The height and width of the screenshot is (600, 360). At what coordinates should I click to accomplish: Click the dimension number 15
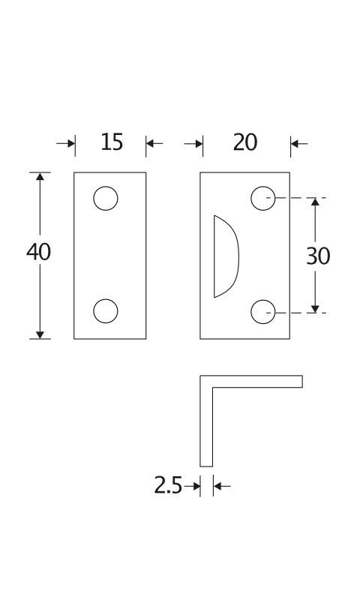point(112,142)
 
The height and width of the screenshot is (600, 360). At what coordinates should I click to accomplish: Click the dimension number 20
point(245,142)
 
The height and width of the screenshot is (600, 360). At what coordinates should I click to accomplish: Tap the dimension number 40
point(39,252)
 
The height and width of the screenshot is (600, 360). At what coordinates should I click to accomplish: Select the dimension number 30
point(318,256)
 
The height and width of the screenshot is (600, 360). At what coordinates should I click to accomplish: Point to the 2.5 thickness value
point(168,485)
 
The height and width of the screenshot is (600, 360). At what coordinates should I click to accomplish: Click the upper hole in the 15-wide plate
point(106,198)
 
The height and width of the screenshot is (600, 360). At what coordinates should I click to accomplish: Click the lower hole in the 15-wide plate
point(106,311)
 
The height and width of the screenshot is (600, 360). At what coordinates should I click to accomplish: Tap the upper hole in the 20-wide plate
point(263,198)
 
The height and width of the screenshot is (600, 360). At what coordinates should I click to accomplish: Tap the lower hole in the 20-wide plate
point(263,312)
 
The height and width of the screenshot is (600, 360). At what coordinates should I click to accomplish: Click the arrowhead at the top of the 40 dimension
point(40,176)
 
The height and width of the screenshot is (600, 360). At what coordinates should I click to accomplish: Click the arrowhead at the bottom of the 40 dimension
point(40,334)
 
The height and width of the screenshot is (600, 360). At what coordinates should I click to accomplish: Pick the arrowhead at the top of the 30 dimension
point(315,202)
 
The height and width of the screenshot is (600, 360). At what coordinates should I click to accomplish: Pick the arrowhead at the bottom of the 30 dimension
point(315,308)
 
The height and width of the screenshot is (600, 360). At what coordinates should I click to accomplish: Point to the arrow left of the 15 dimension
point(66,144)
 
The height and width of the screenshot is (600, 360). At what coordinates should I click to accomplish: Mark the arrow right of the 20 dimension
point(299,144)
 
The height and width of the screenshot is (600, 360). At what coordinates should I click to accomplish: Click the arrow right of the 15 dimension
point(154,144)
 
